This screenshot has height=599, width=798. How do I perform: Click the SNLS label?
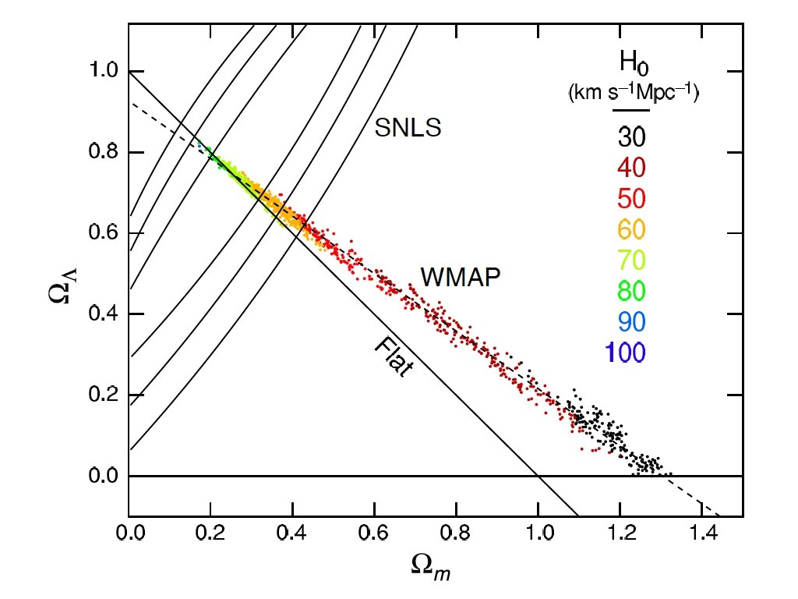(x=408, y=128)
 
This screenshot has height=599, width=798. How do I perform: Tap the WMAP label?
(x=459, y=276)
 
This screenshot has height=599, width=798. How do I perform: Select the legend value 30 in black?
(x=632, y=137)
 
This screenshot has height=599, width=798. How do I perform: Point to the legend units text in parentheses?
(x=632, y=95)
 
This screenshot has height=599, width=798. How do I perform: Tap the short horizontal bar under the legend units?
(x=632, y=112)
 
